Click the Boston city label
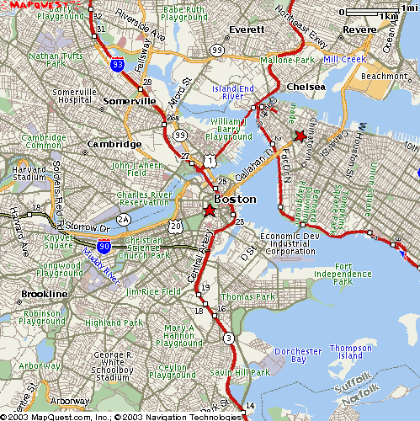pos(235,199)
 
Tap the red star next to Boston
pos(210,210)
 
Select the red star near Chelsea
pos(300,136)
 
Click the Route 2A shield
pos(124,220)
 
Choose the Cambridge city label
pos(114,144)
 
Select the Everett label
pos(247,29)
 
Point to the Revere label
pos(360,29)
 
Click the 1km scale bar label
pos(388,16)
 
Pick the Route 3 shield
pos(227,338)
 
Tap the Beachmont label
pos(384,76)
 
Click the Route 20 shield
pos(174,226)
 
